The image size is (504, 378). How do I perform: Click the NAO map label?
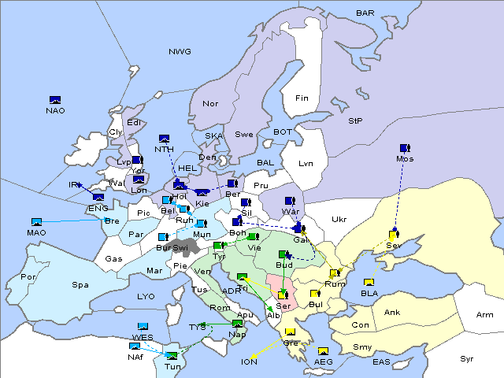click(55, 110)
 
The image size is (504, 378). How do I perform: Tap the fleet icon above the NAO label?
click(55, 100)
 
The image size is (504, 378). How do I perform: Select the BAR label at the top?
click(365, 13)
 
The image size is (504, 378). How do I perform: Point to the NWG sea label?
click(180, 52)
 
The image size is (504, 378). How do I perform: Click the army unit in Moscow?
click(405, 148)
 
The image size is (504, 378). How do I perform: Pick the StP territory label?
click(355, 121)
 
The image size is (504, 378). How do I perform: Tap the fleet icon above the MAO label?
click(36, 223)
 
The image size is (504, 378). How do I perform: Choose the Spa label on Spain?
click(80, 284)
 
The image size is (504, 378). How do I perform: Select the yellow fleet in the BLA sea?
click(369, 283)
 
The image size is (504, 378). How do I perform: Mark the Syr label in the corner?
click(467, 358)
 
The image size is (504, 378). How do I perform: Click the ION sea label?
click(248, 362)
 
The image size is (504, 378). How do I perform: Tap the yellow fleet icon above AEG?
click(323, 351)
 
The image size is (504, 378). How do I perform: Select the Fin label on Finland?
click(301, 98)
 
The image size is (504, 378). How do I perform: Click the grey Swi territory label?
click(180, 248)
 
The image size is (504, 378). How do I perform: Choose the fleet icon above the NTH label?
click(164, 139)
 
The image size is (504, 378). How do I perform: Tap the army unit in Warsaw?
click(290, 201)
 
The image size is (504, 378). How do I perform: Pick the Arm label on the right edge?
click(485, 315)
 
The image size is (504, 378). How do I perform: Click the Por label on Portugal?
click(29, 277)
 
